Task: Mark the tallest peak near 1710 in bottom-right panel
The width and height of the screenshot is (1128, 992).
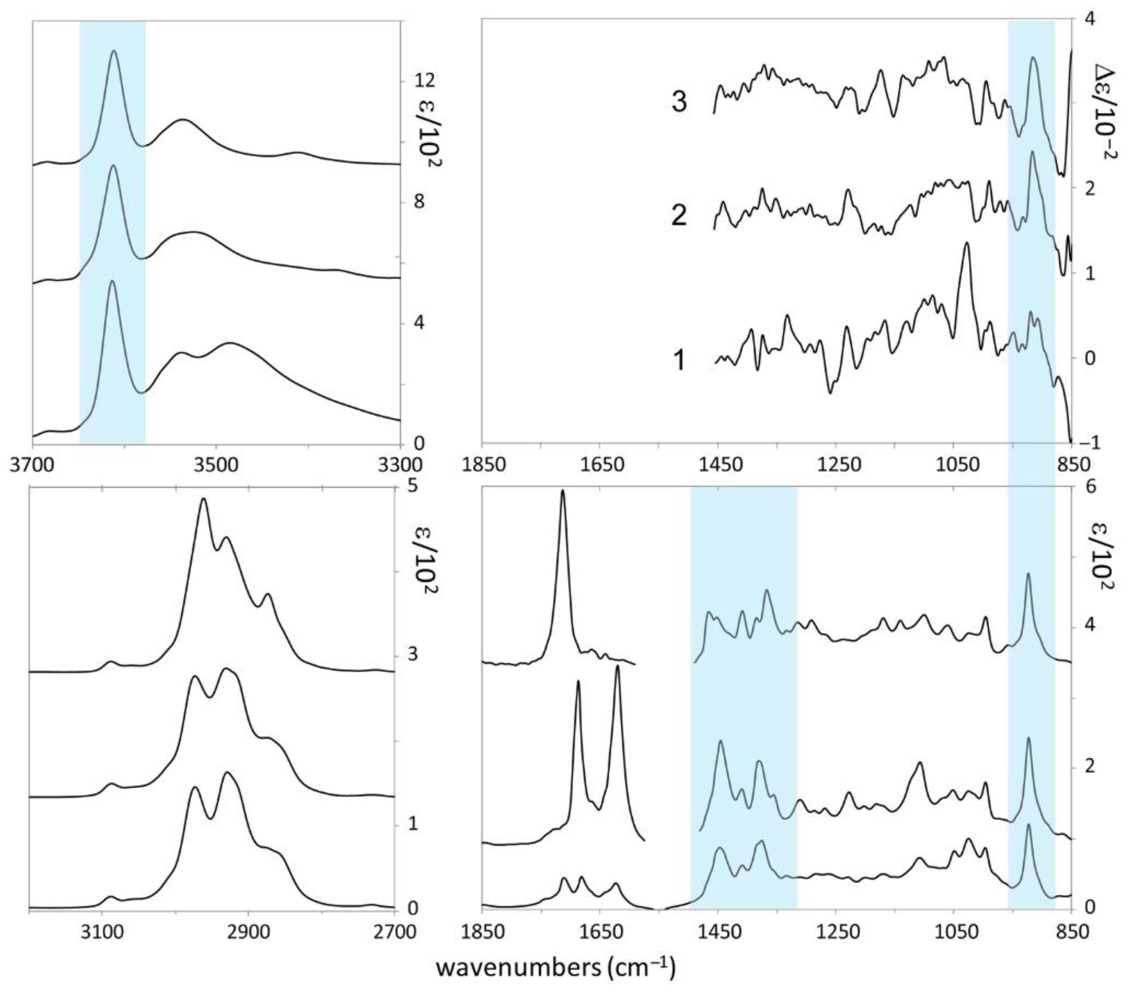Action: (563, 490)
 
